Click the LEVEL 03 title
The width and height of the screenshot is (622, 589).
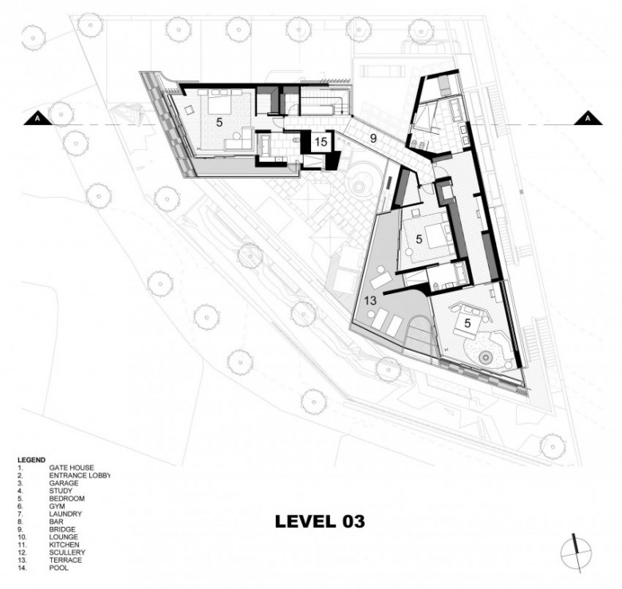(x=320, y=521)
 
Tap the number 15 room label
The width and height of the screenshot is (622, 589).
(x=321, y=142)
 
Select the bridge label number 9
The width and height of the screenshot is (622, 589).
(x=373, y=139)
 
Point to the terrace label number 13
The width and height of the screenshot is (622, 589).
(x=370, y=300)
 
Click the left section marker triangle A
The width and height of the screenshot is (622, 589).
(x=37, y=119)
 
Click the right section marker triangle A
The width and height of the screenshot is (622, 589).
(x=588, y=119)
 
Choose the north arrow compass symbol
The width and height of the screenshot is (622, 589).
(x=577, y=553)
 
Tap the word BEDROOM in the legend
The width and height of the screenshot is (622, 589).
(x=67, y=499)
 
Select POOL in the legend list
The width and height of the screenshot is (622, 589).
(x=59, y=568)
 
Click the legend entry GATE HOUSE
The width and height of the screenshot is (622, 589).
(x=72, y=468)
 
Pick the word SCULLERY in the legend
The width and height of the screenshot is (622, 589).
(x=67, y=552)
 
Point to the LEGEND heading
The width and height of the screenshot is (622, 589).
(x=31, y=460)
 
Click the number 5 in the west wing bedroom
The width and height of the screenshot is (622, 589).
(x=219, y=123)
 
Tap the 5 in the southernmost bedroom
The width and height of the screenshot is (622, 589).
(x=467, y=324)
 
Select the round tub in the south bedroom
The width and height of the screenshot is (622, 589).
(x=486, y=358)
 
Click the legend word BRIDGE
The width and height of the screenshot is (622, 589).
(x=62, y=529)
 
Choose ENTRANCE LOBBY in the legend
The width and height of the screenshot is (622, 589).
(x=79, y=476)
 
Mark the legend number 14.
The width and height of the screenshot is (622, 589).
(x=21, y=568)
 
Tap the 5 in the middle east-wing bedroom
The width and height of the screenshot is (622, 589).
(x=419, y=239)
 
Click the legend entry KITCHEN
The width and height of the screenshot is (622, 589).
(x=65, y=545)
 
